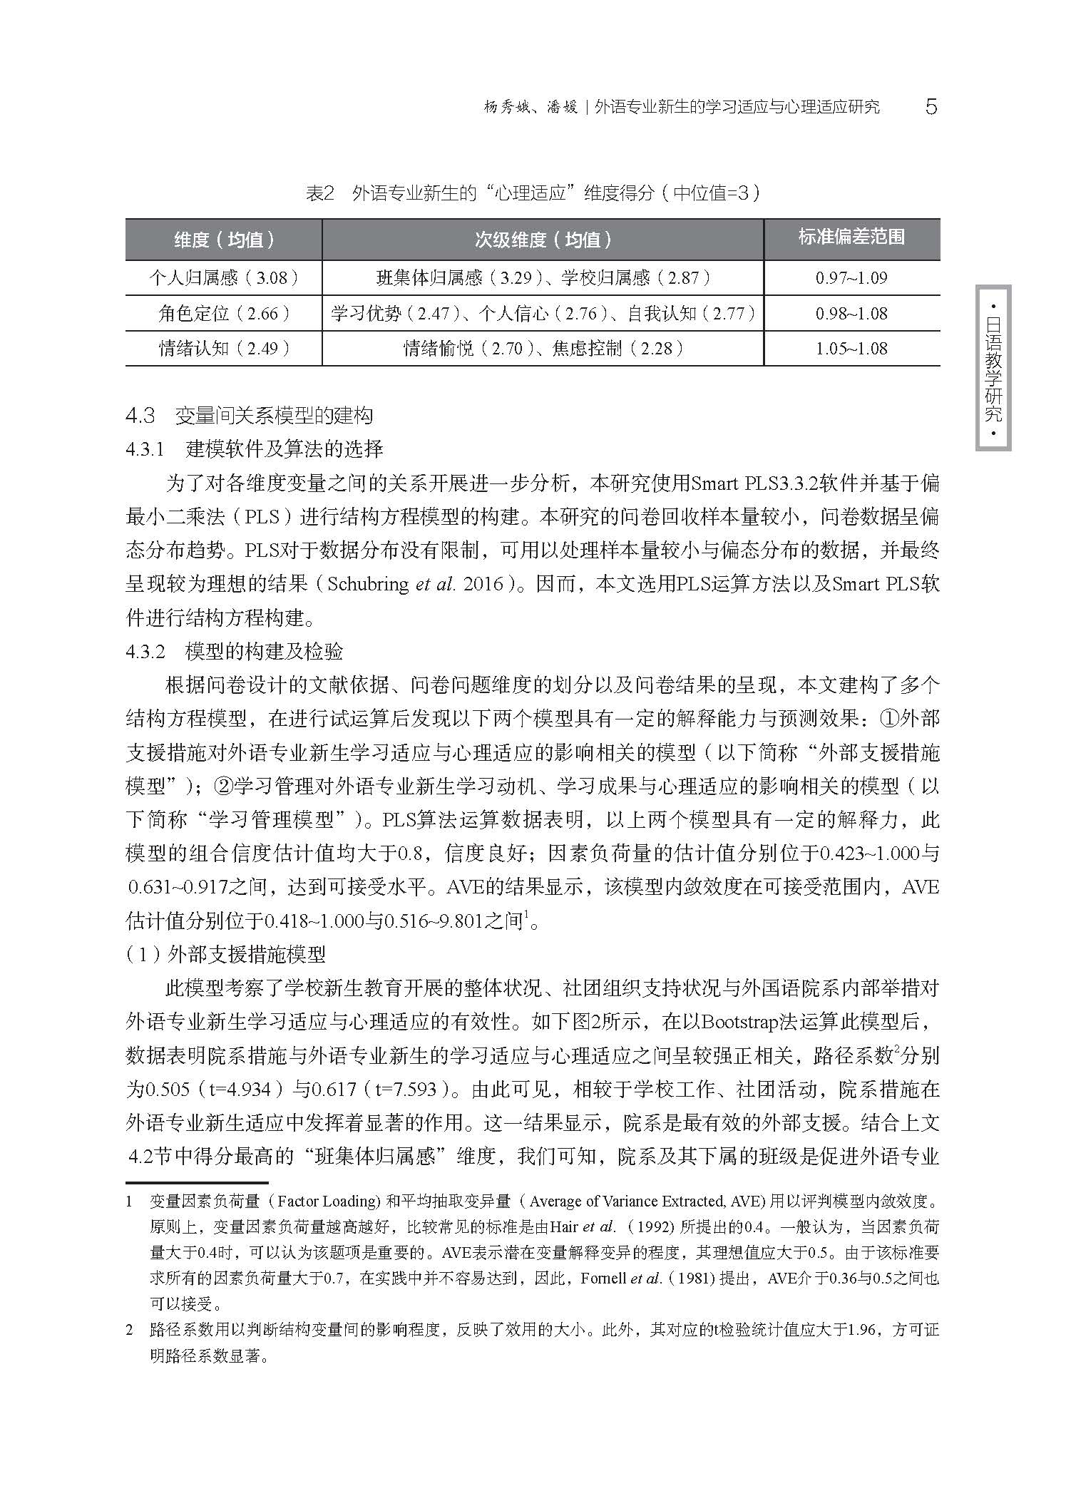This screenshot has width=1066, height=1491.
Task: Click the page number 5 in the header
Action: (931, 107)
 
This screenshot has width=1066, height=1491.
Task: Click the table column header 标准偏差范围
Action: (851, 237)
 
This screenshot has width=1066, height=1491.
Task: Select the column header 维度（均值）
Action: (224, 240)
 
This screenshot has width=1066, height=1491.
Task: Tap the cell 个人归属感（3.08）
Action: (224, 277)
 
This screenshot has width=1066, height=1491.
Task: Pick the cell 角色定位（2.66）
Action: (224, 313)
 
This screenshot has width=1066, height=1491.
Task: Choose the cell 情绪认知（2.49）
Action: (224, 348)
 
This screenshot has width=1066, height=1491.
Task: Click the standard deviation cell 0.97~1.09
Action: (851, 277)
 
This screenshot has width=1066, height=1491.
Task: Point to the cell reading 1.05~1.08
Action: (851, 348)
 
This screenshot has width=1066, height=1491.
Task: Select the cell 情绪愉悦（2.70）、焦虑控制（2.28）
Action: (543, 348)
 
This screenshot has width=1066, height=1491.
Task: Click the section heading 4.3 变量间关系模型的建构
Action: (249, 416)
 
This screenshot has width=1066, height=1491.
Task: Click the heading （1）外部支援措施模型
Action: (225, 954)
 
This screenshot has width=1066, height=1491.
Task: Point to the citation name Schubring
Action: (368, 584)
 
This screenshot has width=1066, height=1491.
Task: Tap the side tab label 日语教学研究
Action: (993, 369)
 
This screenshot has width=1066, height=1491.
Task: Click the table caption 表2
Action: (319, 193)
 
